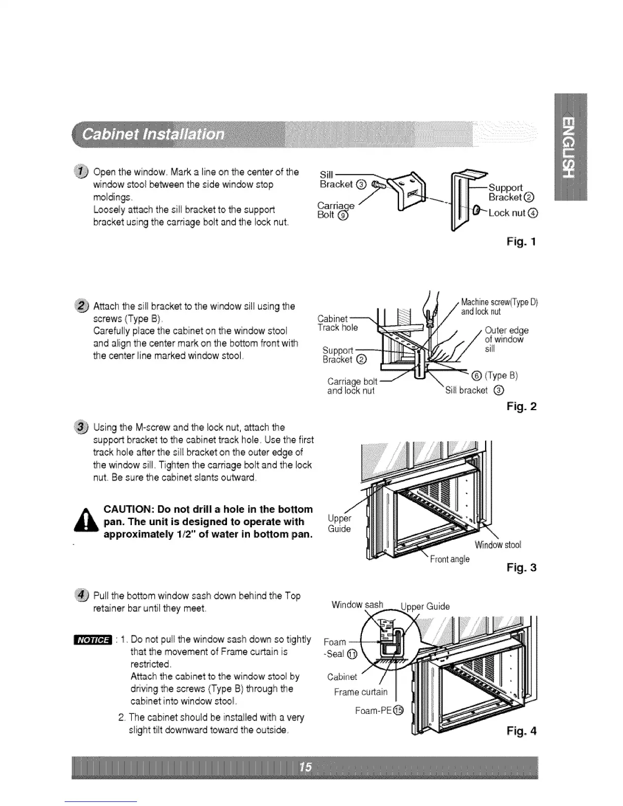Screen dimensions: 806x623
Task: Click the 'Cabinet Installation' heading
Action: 153,135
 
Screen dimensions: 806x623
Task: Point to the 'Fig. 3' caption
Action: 522,567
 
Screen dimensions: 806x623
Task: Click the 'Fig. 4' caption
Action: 522,731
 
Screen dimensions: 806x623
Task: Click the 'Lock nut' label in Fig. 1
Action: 509,213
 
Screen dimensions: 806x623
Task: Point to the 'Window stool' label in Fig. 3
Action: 498,545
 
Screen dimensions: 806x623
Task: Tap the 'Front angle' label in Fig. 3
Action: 449,559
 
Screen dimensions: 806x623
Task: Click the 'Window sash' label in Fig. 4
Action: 357,604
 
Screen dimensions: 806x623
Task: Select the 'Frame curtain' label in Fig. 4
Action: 360,692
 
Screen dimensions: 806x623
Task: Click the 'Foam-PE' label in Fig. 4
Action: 378,710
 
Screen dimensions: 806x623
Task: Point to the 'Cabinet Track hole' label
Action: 337,323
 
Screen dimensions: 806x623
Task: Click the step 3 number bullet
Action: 82,427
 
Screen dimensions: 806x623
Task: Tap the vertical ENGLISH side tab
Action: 570,148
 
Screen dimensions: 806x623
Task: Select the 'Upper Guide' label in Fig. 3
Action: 339,523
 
